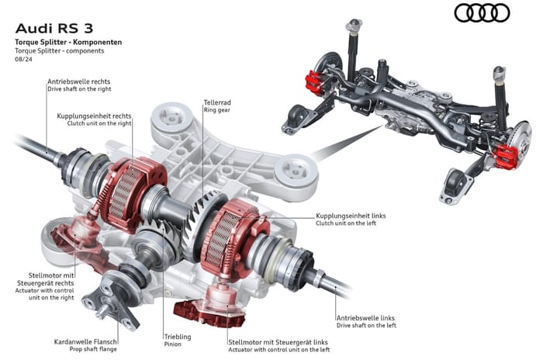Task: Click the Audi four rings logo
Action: (482, 13)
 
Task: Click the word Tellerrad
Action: (216, 102)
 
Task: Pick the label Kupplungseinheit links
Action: (351, 215)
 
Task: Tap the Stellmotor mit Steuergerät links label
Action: (278, 341)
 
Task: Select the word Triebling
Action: (178, 337)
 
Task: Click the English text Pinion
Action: (172, 345)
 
